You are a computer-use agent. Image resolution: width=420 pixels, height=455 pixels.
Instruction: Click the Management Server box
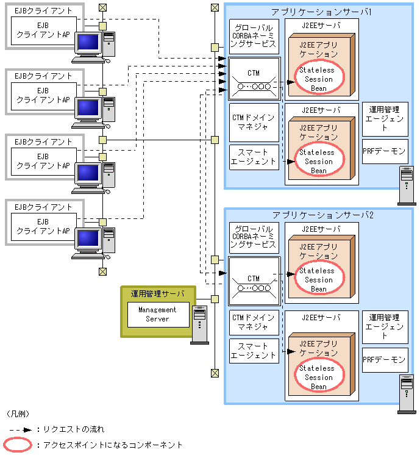tap(158, 314)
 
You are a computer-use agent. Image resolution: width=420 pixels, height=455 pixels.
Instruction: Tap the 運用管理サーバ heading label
tap(158, 293)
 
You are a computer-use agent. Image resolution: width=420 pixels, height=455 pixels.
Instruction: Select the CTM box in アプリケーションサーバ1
tap(254, 79)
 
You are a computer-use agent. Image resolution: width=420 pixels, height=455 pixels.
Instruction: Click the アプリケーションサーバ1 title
tap(322, 12)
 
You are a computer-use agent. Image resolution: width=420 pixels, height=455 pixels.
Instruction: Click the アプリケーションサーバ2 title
tap(322, 215)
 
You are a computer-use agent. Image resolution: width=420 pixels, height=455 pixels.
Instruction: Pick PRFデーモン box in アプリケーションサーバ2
tap(385, 360)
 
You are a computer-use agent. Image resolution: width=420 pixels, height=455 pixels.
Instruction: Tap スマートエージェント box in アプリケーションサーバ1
tap(254, 157)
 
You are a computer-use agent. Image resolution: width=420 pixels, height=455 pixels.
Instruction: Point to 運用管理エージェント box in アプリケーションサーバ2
tap(385, 326)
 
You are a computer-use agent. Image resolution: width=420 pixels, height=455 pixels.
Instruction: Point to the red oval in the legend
tap(18, 445)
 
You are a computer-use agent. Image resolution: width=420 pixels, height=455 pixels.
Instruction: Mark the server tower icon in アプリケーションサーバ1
tap(406, 185)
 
